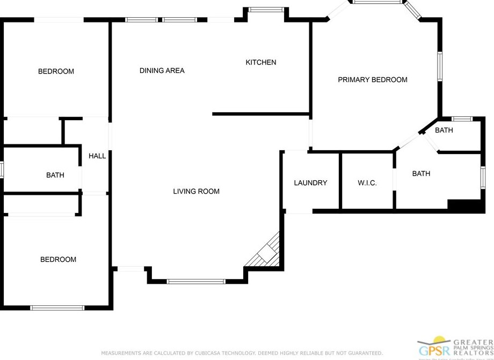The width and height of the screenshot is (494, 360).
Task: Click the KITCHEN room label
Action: [x=261, y=62]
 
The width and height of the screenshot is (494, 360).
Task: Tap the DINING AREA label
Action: [x=162, y=70]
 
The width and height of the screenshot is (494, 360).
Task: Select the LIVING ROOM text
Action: [x=196, y=191]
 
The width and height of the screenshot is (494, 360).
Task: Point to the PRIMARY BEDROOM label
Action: [x=372, y=79]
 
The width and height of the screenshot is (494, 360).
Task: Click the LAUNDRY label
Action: [x=310, y=182]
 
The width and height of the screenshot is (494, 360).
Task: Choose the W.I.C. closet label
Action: [x=367, y=183]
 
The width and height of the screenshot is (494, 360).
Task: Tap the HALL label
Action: [x=97, y=156]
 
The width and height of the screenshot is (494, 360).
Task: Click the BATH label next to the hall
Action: [x=55, y=175]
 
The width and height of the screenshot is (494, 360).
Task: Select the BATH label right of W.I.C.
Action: [x=421, y=173]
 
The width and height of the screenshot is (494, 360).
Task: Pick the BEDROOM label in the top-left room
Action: [x=56, y=71]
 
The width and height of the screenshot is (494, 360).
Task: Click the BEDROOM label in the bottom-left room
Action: [x=58, y=259]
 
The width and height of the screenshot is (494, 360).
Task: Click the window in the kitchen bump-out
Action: [x=266, y=9]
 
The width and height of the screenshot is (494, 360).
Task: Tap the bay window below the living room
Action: [x=196, y=281]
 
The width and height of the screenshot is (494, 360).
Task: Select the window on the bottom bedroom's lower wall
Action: [x=57, y=308]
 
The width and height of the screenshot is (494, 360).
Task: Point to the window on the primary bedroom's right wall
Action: [x=439, y=66]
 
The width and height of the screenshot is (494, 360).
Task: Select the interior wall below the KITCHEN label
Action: [x=261, y=114]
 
